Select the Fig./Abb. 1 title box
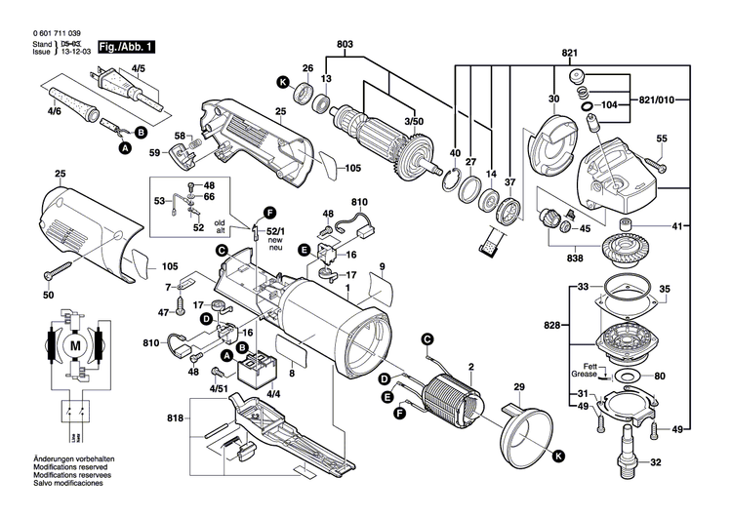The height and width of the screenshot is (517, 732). tap(123, 46)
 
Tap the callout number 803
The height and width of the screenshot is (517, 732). tap(345, 44)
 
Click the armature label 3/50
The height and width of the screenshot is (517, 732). tap(416, 119)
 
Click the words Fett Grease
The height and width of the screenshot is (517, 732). tap(585, 370)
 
